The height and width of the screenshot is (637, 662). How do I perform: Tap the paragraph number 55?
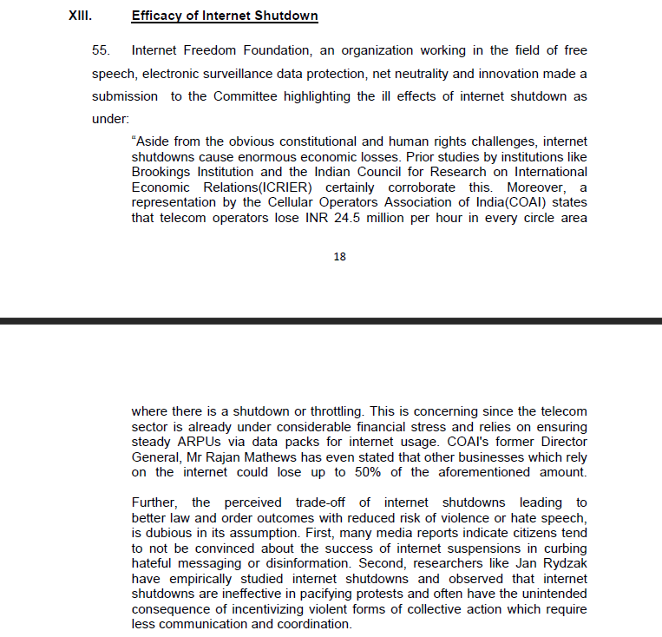(x=102, y=51)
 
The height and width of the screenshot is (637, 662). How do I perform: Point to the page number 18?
(x=340, y=256)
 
